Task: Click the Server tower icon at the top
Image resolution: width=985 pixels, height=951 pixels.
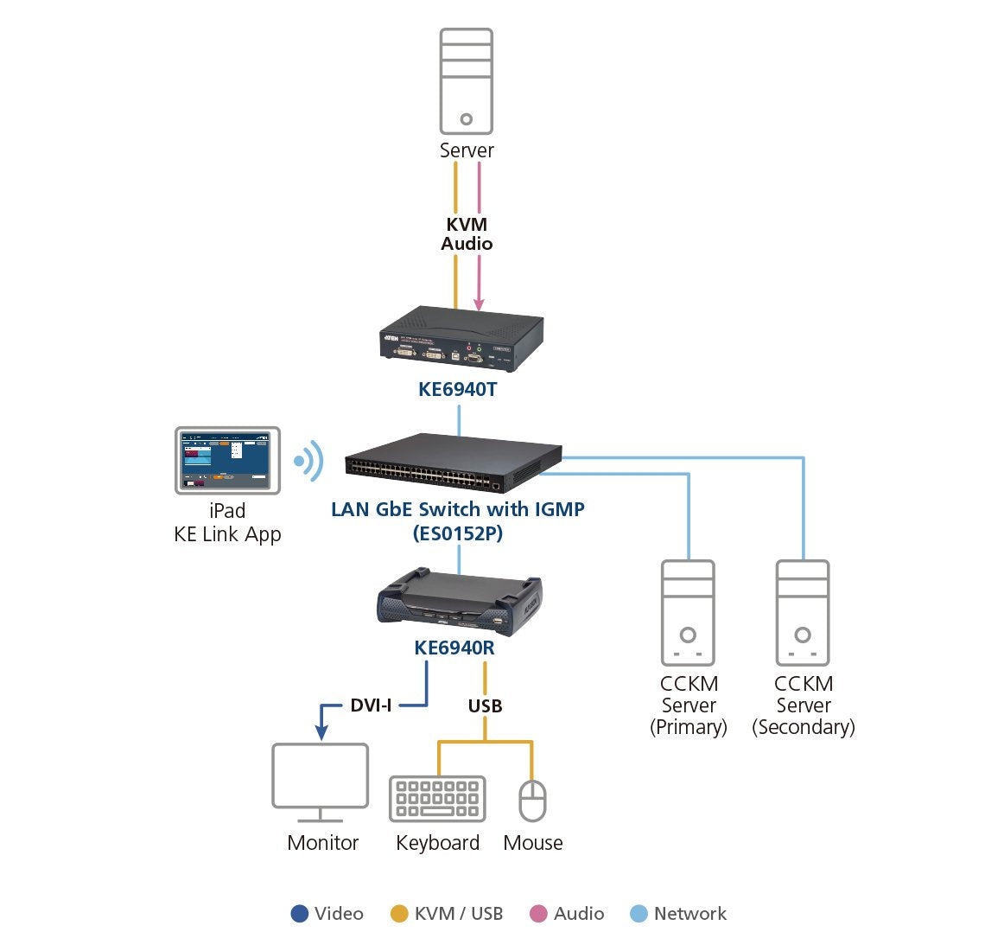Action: click(x=466, y=81)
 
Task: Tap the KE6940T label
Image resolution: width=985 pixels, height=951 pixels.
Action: click(x=457, y=389)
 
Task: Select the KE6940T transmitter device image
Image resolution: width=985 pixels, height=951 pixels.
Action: click(x=461, y=339)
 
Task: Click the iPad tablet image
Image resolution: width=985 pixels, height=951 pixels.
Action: click(x=228, y=460)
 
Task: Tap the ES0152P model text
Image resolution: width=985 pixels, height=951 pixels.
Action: click(x=457, y=533)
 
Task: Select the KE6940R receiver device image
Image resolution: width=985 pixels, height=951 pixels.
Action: click(x=459, y=597)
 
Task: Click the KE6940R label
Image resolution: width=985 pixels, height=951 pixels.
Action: click(x=454, y=648)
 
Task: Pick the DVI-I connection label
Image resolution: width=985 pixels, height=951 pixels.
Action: click(x=371, y=705)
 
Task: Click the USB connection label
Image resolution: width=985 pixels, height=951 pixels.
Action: click(x=485, y=706)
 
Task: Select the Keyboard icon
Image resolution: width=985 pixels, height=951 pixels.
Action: click(x=437, y=798)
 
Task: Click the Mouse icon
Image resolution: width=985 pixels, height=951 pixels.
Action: click(x=532, y=801)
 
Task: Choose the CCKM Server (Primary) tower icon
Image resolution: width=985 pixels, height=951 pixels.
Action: click(x=688, y=613)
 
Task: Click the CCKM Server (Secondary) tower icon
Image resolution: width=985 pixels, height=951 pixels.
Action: click(x=803, y=613)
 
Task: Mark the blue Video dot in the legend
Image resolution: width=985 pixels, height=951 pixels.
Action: click(x=300, y=914)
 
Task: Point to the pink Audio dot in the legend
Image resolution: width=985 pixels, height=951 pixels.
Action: click(x=538, y=914)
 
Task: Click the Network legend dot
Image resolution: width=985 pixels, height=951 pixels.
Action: click(x=639, y=914)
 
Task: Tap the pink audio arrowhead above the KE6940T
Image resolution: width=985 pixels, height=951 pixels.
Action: click(x=479, y=304)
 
